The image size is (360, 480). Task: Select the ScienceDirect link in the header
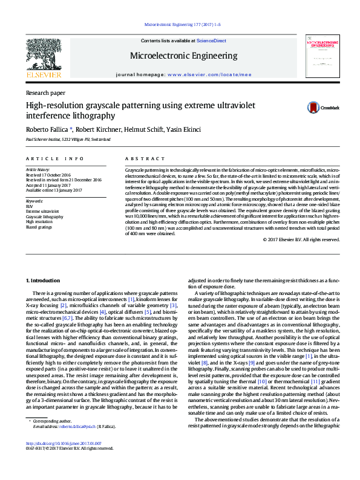tap(211, 41)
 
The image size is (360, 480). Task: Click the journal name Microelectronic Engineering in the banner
tap(183, 56)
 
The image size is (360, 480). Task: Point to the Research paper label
tap(45, 93)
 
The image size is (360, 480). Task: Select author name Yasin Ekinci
tap(185, 129)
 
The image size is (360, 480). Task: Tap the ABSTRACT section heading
tap(140, 158)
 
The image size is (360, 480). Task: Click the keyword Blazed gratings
tap(39, 227)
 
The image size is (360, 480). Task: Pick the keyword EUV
tap(30, 206)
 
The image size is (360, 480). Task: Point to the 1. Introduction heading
tap(42, 281)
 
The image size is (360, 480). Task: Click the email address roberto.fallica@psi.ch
tap(77, 443)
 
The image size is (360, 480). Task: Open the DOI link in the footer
tap(64, 460)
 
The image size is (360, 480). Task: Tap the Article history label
tap(38, 170)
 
